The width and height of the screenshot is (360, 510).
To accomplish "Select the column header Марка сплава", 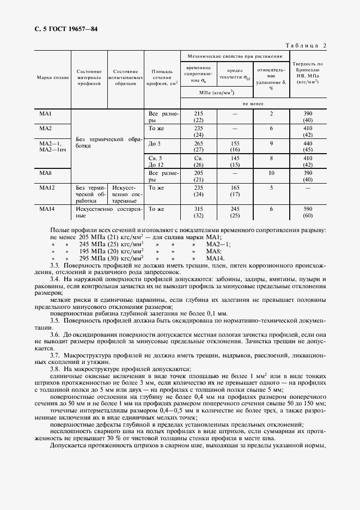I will (53, 77).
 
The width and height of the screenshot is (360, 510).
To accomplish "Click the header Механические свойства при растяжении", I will (235, 56).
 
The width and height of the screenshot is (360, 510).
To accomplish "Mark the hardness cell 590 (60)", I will (307, 212).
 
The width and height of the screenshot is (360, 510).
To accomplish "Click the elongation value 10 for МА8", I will (271, 173).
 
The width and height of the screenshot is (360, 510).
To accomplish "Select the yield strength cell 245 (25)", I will (235, 212).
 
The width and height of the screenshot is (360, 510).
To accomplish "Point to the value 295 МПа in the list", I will (96, 258).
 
